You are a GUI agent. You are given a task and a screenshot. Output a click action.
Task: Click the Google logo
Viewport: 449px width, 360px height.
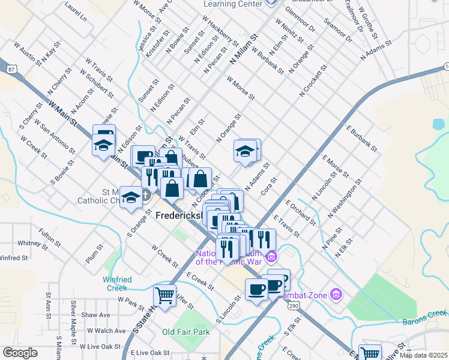tap(20, 353)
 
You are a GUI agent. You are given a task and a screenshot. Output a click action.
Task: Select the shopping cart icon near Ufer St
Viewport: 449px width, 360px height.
tap(164, 295)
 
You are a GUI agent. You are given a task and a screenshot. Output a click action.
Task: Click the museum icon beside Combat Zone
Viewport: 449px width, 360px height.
tap(337, 294)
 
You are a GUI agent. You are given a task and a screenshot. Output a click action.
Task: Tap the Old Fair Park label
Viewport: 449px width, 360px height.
tap(186, 331)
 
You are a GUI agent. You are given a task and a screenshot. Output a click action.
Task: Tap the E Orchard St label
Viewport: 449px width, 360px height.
tap(301, 212)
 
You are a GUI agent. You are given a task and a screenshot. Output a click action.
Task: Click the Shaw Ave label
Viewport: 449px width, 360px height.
tap(96, 315)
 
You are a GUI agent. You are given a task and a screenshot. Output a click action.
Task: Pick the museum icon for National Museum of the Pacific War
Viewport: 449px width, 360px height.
tap(271, 256)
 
